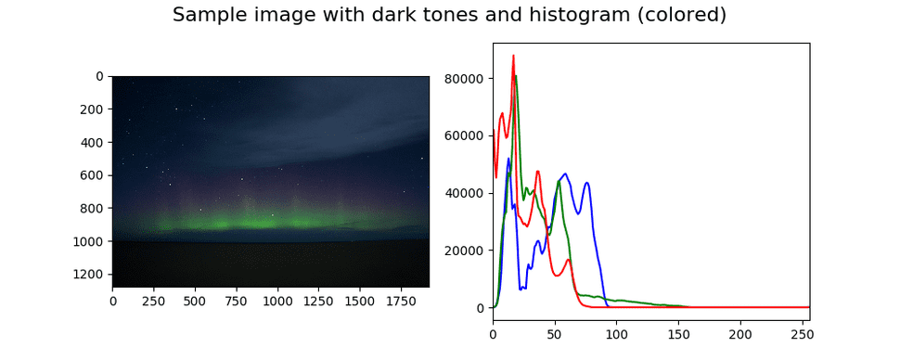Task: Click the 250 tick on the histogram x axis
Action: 802,328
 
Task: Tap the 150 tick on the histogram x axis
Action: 678,328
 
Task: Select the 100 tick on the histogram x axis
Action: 616,328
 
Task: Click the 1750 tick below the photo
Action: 401,302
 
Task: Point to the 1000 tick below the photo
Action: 277,302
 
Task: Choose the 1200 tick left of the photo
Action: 91,275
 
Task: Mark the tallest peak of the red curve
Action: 513,56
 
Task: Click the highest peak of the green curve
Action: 516,76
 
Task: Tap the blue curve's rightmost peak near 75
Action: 586,183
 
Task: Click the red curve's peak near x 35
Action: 537,171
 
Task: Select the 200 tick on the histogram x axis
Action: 740,328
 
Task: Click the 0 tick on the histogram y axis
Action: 481,308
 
